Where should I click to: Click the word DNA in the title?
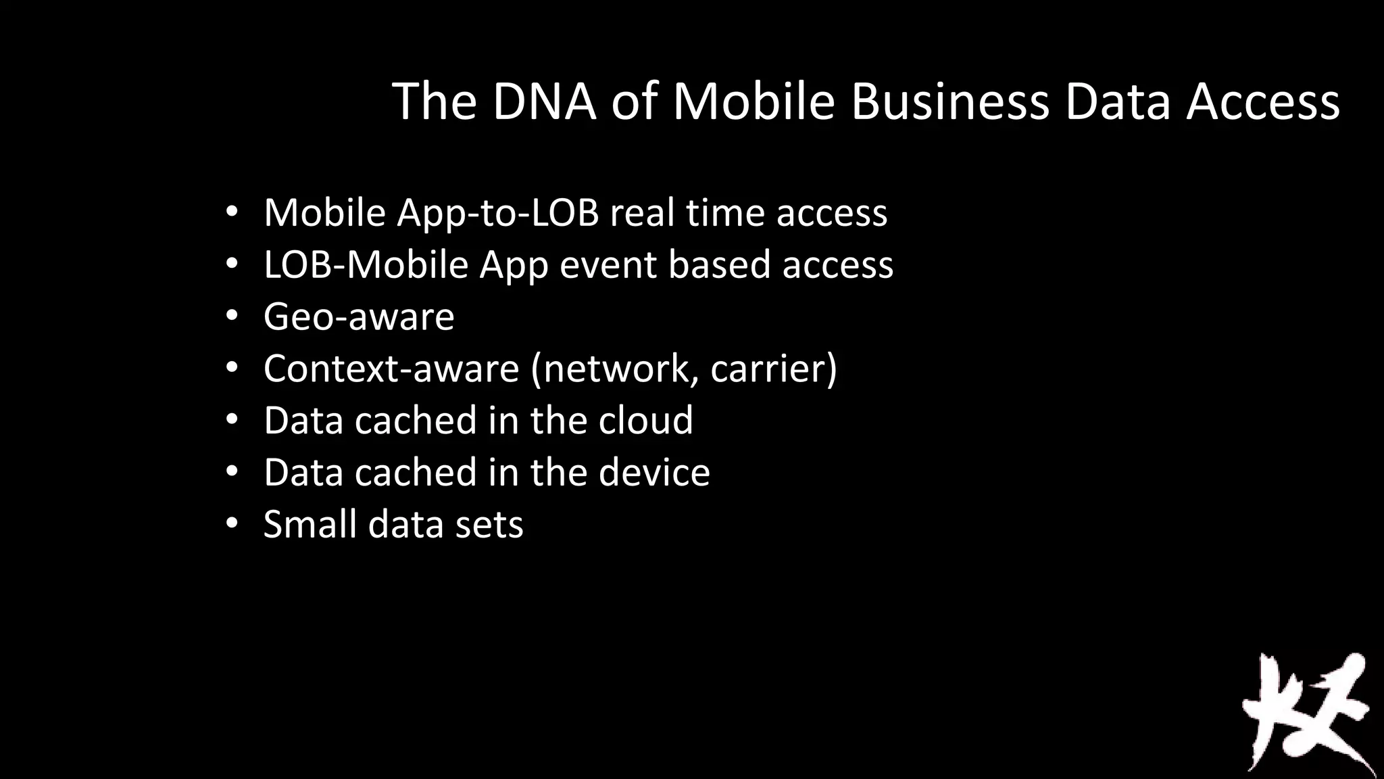click(x=544, y=101)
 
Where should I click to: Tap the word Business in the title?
click(x=949, y=101)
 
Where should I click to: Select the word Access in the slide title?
click(x=1262, y=101)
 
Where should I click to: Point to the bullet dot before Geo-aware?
click(x=232, y=316)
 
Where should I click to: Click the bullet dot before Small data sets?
click(x=232, y=523)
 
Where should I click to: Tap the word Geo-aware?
click(x=359, y=316)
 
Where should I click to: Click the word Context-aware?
click(x=391, y=369)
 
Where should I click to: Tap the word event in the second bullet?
click(x=608, y=264)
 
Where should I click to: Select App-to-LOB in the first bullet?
click(x=498, y=213)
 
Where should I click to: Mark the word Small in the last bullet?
click(x=310, y=523)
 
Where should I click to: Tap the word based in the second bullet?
click(x=719, y=264)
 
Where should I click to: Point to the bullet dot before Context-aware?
click(x=232, y=368)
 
